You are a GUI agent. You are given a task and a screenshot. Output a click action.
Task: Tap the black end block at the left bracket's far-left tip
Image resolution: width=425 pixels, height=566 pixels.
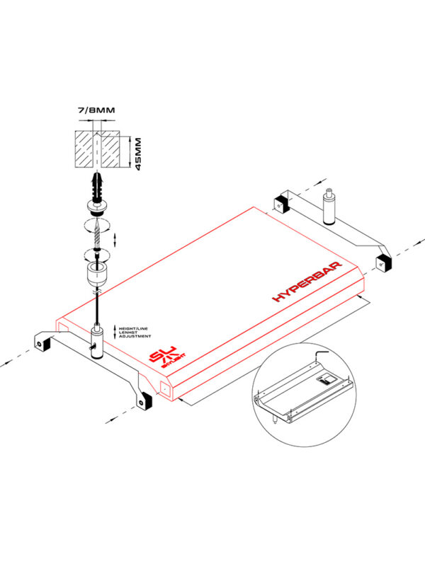(x=41, y=343)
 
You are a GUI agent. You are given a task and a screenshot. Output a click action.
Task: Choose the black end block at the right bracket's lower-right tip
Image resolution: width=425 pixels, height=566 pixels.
(x=382, y=262)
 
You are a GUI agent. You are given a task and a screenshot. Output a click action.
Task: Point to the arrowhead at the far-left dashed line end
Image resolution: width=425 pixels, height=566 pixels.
(x=4, y=364)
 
